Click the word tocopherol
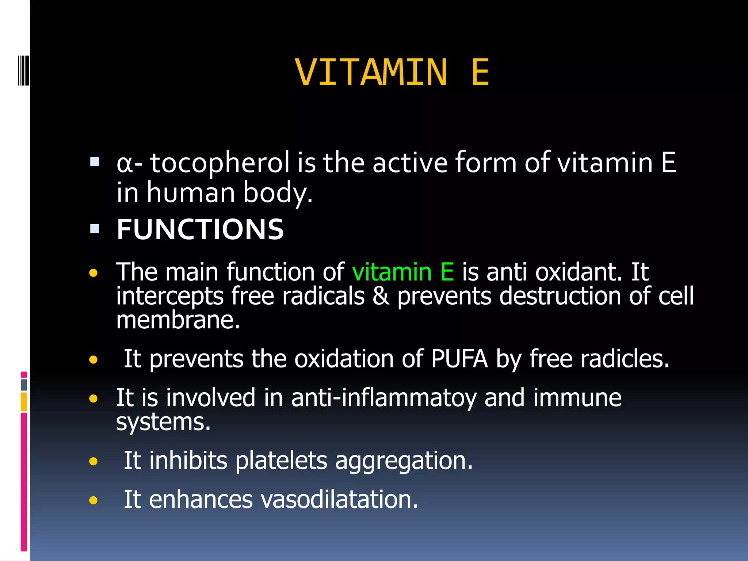tap(220, 163)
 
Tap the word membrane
tap(178, 320)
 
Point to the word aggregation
tap(404, 461)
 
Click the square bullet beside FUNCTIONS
tap(95, 229)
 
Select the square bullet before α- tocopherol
tap(95, 162)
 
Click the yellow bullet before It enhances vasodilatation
tap(93, 500)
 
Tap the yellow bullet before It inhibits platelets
tap(93, 461)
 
